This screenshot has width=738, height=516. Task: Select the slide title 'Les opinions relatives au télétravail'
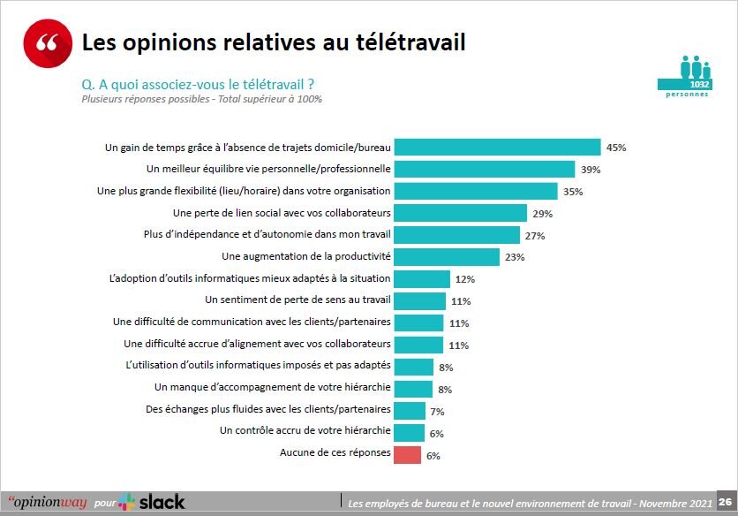pos(274,42)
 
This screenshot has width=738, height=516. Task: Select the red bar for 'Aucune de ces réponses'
pos(407,455)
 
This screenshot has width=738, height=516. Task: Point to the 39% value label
pos(591,170)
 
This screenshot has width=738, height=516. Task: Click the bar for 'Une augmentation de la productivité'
pos(447,257)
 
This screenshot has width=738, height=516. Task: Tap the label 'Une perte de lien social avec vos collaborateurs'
pos(282,213)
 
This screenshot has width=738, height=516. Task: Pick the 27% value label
pos(535,236)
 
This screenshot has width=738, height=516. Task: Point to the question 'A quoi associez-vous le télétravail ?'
pos(199,85)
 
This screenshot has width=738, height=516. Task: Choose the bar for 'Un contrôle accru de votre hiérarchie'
pos(409,433)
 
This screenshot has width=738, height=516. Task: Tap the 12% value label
pos(465,279)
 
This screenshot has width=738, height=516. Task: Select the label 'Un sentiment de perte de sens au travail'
pos(297,300)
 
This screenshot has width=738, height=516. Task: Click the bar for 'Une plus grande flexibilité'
pos(476,191)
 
